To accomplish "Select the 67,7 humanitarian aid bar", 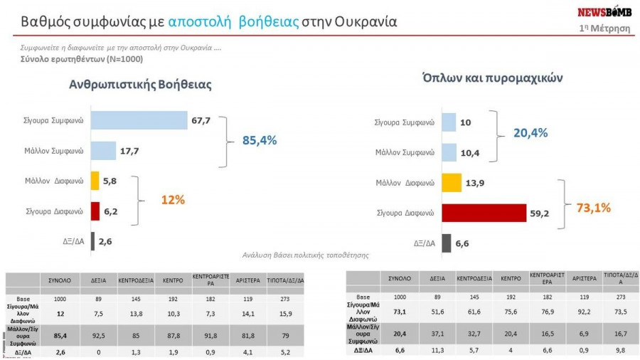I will [139, 121].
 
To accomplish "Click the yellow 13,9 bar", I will [452, 183].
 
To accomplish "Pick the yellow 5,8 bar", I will [95, 181].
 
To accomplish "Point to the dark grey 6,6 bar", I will [447, 243].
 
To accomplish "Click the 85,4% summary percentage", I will [260, 140].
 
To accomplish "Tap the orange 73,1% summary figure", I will [592, 208].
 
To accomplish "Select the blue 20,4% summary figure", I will [530, 133].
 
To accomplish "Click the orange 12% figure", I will [173, 200].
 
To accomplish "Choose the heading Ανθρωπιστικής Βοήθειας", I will [140, 84].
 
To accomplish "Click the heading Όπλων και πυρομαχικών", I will [492, 78].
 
